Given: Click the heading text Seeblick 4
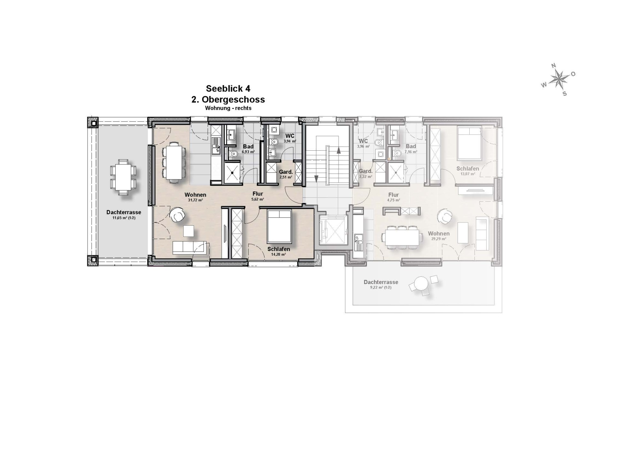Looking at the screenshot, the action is click(x=228, y=88).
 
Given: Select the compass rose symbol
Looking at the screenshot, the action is click(x=559, y=79).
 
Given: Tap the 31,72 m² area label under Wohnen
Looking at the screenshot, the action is click(x=196, y=200).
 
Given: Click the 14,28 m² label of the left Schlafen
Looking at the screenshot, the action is click(x=279, y=254).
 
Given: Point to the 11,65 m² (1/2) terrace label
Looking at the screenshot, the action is click(x=124, y=218).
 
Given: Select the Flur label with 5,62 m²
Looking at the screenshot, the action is click(x=258, y=196).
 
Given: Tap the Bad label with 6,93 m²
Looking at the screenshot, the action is click(x=248, y=149).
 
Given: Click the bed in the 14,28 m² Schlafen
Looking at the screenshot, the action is click(x=280, y=226).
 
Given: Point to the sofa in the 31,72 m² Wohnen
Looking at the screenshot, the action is click(x=189, y=248).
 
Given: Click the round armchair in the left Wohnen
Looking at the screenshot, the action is click(x=177, y=215).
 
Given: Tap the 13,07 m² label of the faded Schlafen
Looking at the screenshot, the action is click(x=467, y=174).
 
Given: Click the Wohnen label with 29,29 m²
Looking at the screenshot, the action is click(x=439, y=236).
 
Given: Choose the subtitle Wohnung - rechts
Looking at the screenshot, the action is click(x=228, y=108).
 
